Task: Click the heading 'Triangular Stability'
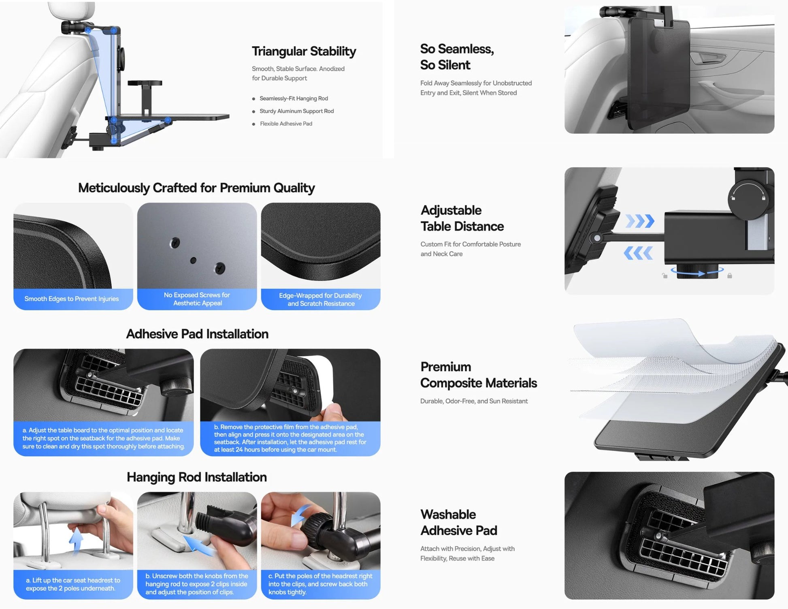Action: coord(304,51)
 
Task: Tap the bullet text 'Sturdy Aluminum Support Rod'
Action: coord(296,111)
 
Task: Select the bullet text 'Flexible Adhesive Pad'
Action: coord(286,124)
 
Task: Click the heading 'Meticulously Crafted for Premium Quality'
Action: coord(196,188)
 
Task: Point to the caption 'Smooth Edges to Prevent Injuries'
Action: coord(72,299)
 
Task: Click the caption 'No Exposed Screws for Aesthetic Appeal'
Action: coord(197,299)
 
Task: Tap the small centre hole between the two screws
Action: coord(193,260)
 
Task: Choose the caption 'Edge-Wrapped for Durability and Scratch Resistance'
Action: coord(321,299)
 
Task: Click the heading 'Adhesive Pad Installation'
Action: coord(197,334)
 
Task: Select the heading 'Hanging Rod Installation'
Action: coord(197,477)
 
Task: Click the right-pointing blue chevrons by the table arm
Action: coord(640,221)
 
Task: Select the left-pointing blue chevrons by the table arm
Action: coord(638,253)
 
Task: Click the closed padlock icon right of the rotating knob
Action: coord(729,276)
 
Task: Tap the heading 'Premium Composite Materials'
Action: coord(478,375)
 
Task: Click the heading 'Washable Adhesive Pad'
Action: coord(458,522)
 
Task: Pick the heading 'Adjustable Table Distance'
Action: coord(462,218)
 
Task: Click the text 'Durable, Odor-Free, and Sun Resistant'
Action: coord(474,401)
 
